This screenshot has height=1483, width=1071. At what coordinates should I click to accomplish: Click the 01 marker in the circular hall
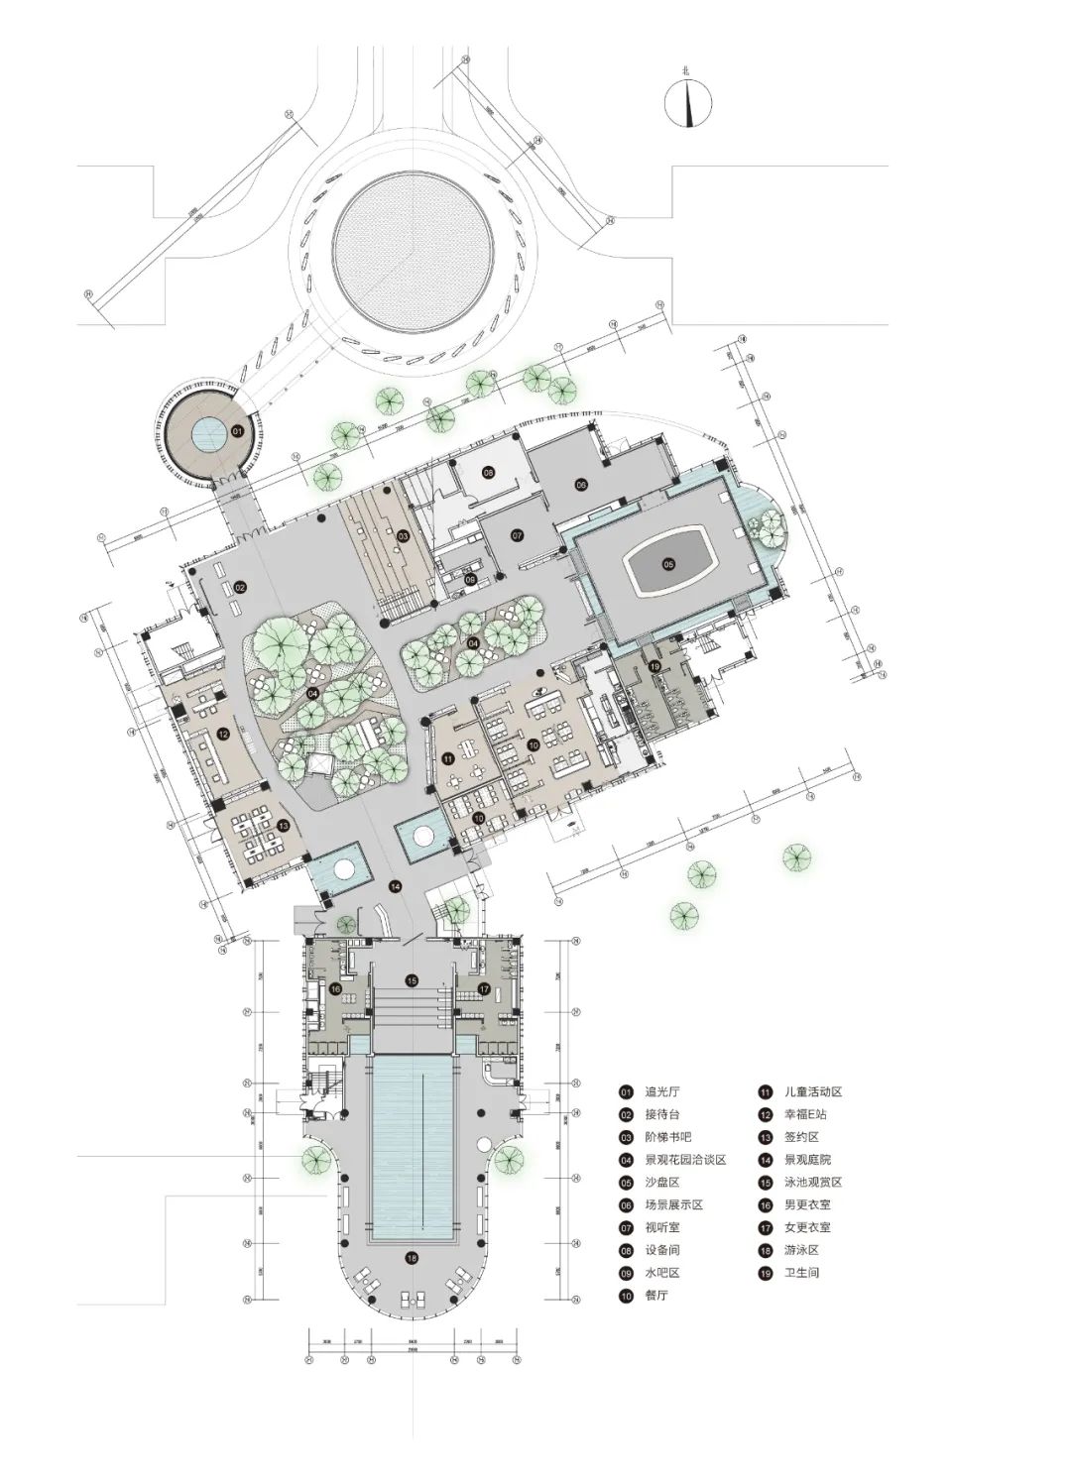click(237, 431)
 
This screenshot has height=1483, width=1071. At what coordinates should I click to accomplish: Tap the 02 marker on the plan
click(239, 588)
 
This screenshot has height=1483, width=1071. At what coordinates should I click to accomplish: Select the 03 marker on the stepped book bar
click(403, 536)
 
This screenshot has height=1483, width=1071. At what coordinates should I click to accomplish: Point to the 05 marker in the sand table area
click(668, 564)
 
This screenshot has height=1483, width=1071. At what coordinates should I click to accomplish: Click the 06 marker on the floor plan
click(581, 484)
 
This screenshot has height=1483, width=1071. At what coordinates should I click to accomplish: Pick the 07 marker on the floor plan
click(517, 535)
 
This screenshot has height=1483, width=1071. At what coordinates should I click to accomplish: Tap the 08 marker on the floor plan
click(488, 473)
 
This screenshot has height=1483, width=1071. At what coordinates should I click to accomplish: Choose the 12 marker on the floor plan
click(224, 734)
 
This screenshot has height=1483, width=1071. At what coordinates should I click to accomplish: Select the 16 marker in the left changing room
click(336, 988)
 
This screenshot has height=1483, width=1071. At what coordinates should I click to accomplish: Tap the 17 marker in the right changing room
click(484, 988)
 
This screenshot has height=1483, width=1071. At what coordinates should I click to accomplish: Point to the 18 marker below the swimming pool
click(411, 1258)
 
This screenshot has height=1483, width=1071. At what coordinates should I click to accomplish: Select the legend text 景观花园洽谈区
click(685, 1160)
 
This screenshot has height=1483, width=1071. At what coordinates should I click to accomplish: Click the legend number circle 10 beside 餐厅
click(626, 1295)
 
